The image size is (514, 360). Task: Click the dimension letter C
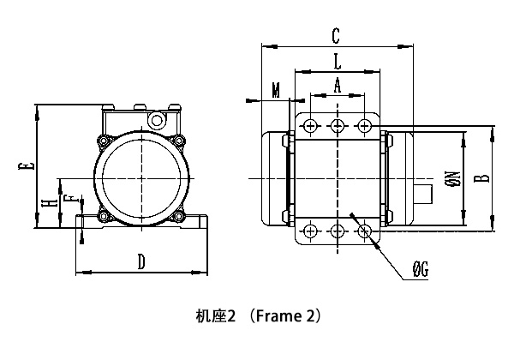336,35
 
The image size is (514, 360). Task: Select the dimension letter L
337,61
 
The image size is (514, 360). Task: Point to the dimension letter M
275,90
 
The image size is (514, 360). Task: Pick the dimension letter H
52,202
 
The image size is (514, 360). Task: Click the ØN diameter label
453,178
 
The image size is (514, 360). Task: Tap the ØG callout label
420,271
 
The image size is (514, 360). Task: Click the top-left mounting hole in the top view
309,126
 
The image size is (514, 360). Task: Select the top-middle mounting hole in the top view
338,126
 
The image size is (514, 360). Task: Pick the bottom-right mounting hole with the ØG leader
366,231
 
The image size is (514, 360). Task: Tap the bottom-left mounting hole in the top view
309,231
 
